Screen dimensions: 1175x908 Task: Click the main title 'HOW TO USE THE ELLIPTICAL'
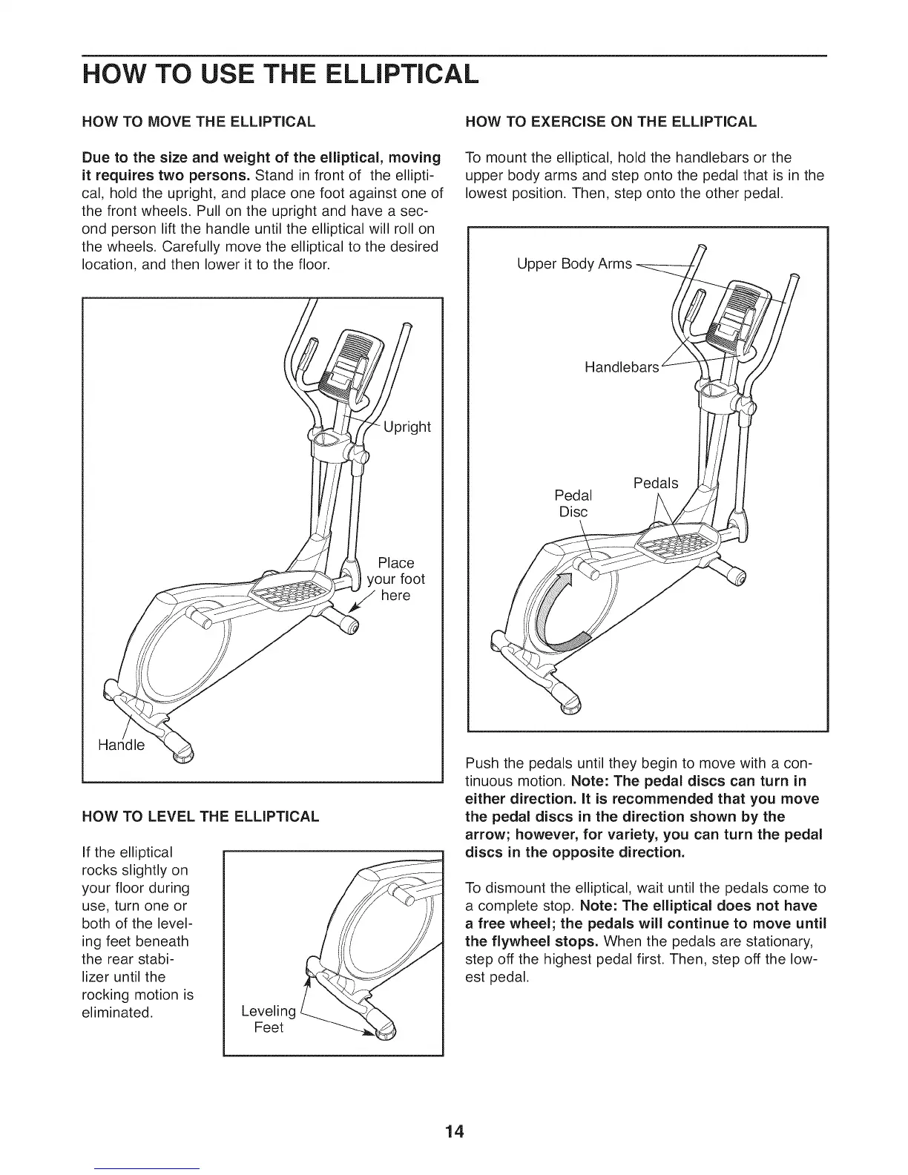277,75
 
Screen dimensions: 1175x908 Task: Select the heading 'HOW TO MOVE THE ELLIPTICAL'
199,121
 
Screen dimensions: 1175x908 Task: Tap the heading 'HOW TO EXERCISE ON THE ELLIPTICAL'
610,121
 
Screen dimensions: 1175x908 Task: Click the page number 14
454,1110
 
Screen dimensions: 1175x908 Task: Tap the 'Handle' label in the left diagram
122,745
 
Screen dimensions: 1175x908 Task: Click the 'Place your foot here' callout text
396,579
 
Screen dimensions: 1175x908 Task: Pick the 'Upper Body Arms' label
574,264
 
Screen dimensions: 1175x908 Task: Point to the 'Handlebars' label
622,367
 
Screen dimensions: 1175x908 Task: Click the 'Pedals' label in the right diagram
656,483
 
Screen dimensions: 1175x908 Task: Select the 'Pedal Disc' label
573,503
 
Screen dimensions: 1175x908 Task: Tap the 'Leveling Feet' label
269,1019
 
